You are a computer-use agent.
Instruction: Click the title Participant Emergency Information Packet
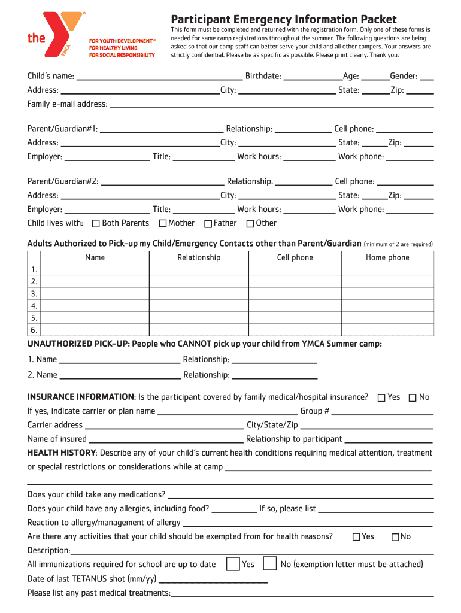(x=284, y=19)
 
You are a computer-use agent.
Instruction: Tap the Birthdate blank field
(x=311, y=76)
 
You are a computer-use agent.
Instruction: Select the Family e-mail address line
(x=272, y=104)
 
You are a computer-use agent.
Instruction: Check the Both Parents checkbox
(x=96, y=224)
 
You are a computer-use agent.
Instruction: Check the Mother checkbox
(x=162, y=224)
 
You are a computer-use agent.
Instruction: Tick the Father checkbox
(x=208, y=224)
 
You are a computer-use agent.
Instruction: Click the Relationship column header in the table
(x=199, y=257)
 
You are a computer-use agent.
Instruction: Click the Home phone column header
(x=387, y=257)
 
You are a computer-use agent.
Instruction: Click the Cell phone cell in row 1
(x=295, y=270)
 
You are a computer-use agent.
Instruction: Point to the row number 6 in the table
(x=34, y=330)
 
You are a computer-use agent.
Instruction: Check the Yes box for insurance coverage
(x=381, y=398)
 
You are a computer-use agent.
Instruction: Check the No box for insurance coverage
(x=413, y=398)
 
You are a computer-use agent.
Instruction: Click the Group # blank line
(x=383, y=412)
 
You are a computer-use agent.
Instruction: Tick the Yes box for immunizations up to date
(x=233, y=564)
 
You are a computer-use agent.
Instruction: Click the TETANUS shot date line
(x=213, y=579)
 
